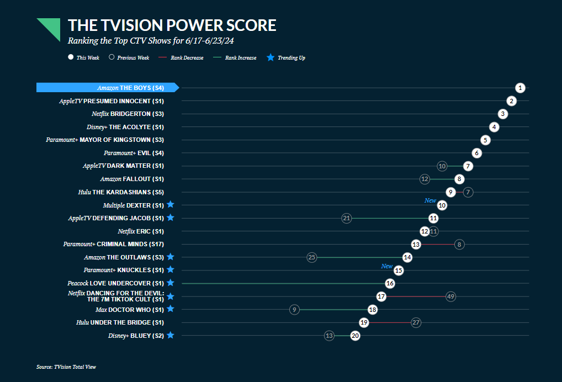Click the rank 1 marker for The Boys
click(x=520, y=88)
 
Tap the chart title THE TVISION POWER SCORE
click(x=172, y=25)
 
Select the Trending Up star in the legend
click(x=271, y=57)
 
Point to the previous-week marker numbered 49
click(x=450, y=296)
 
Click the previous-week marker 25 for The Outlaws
click(x=312, y=257)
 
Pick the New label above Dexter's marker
click(x=430, y=201)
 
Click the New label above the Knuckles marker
click(x=387, y=266)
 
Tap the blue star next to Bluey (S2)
click(x=171, y=335)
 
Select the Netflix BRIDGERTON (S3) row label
click(x=128, y=114)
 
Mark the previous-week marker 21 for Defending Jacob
click(x=347, y=218)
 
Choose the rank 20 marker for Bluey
click(x=356, y=336)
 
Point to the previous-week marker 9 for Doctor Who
click(x=295, y=310)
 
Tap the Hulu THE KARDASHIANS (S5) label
click(x=121, y=192)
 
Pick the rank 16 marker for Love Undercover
click(x=390, y=283)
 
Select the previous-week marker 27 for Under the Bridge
click(x=416, y=322)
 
